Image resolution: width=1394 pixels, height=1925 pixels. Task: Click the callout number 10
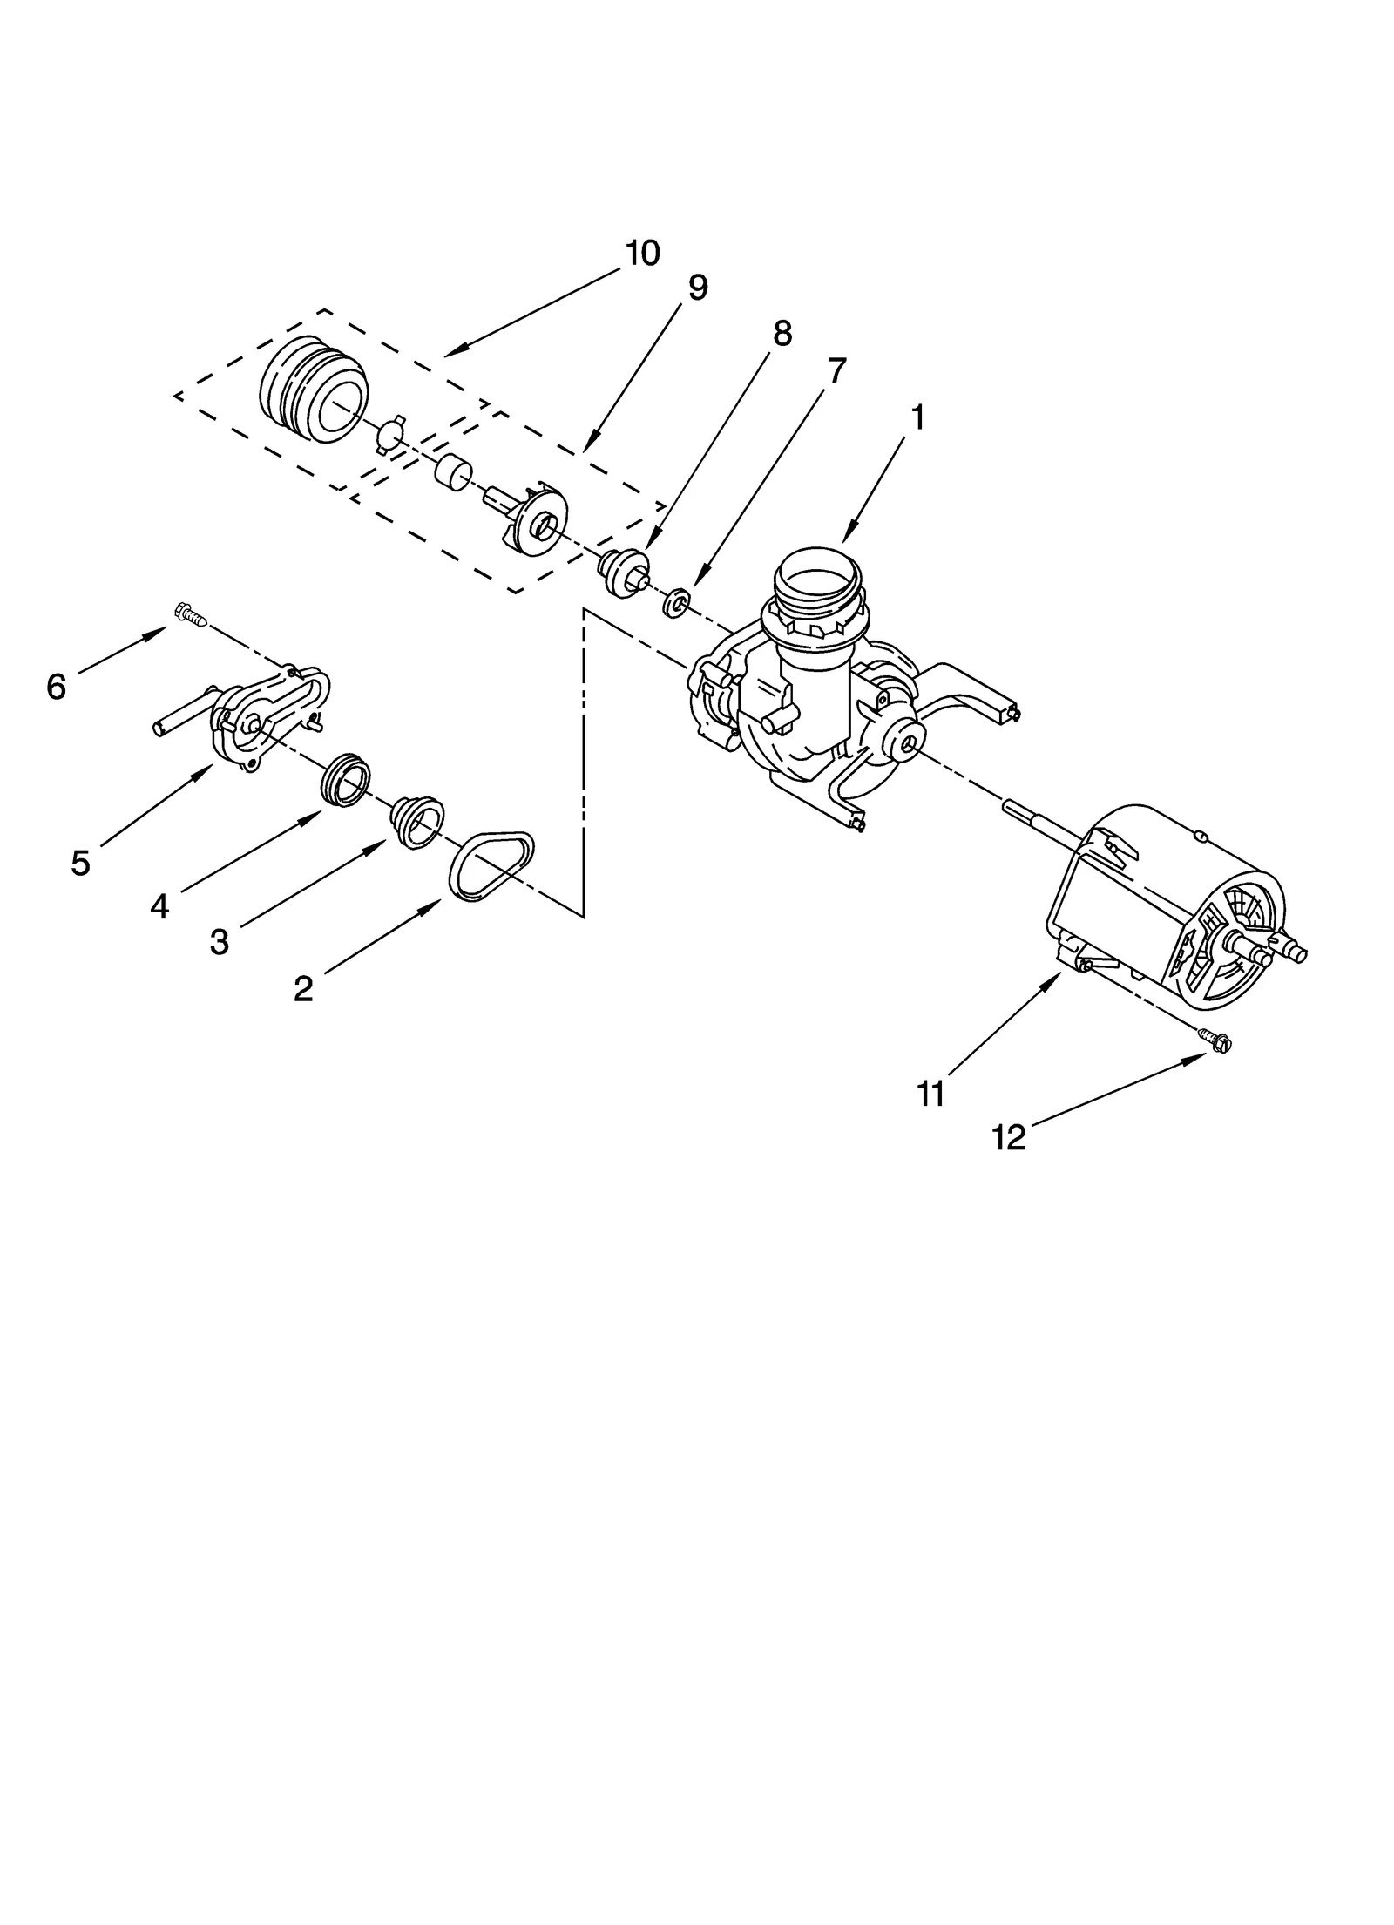tap(642, 254)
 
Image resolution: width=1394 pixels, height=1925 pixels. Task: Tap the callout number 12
tap(1008, 1137)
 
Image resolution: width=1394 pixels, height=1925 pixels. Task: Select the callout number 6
tap(56, 688)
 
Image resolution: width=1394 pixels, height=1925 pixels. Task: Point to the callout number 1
tap(917, 418)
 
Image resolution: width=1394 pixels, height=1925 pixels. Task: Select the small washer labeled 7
tap(676, 603)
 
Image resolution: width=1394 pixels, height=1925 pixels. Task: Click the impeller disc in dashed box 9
tap(541, 522)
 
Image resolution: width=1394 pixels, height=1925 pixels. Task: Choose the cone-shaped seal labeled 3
tap(417, 820)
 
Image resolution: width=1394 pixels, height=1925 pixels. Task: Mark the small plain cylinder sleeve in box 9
tap(452, 472)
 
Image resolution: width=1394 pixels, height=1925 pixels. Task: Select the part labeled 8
tap(623, 574)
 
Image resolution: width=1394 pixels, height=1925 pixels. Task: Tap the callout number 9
tap(698, 288)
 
